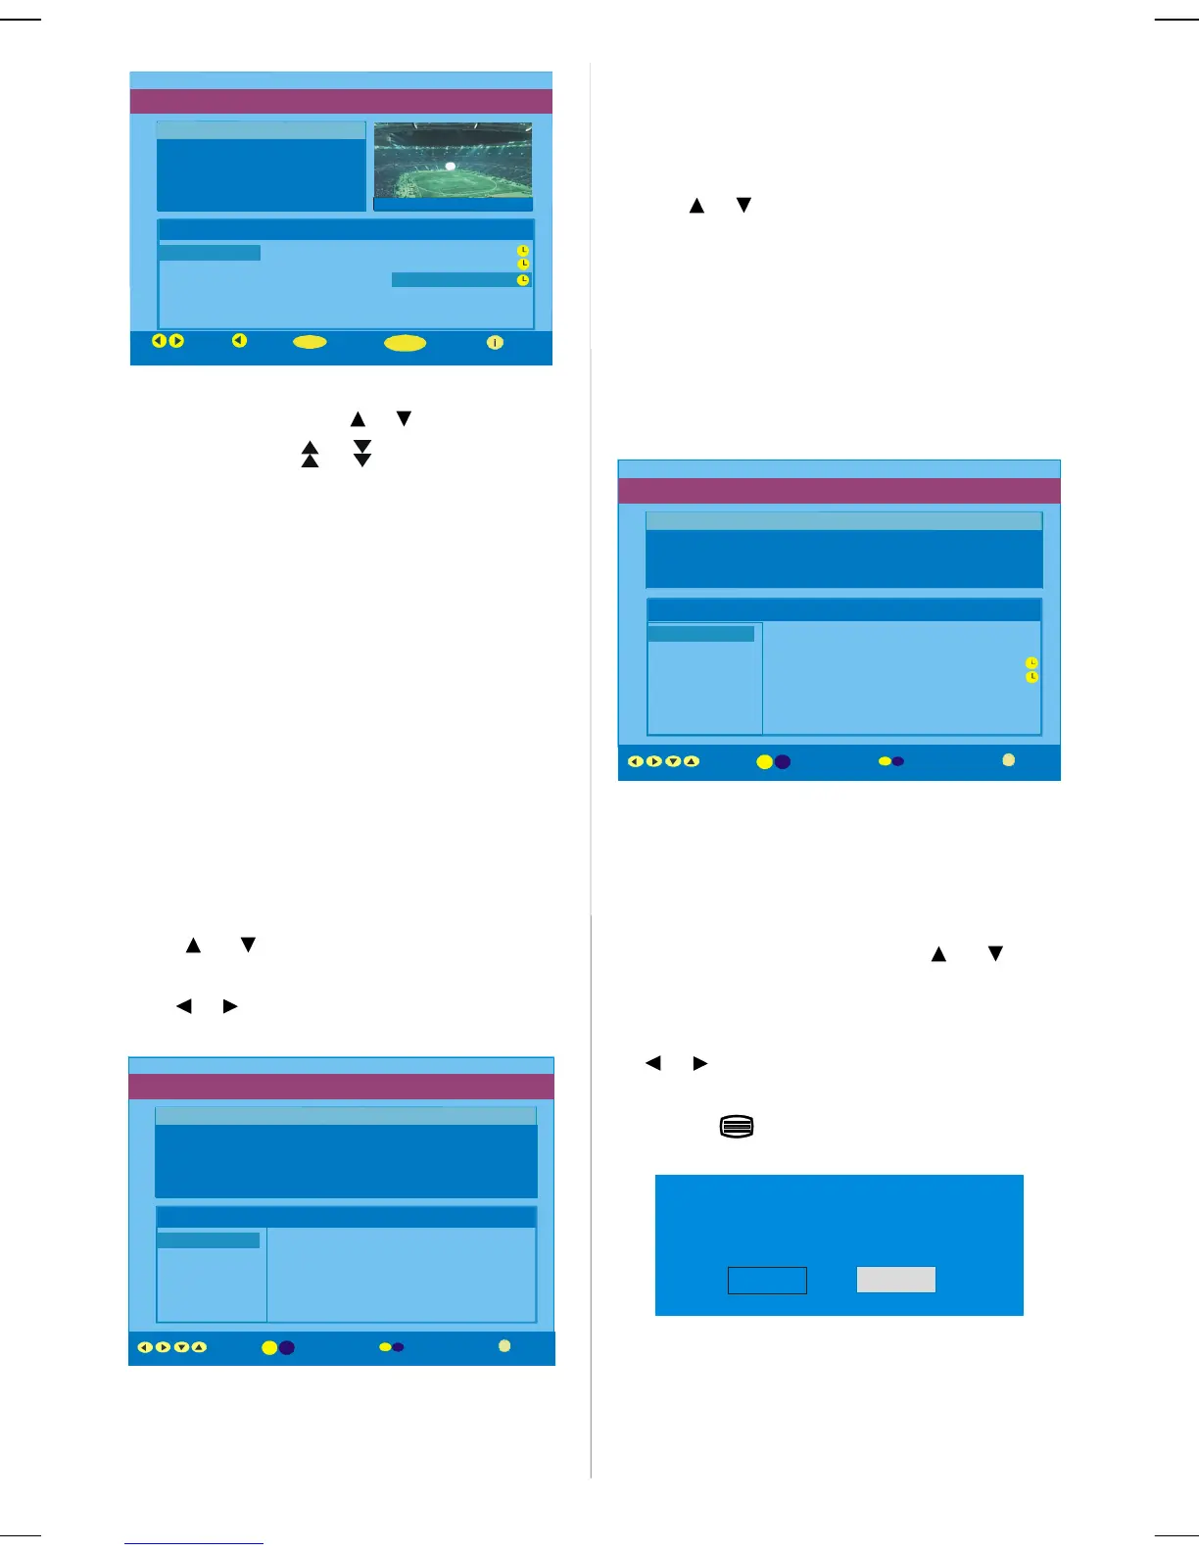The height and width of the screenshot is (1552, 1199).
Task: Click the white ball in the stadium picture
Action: pos(451,167)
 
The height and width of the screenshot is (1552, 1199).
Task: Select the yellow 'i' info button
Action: pos(495,342)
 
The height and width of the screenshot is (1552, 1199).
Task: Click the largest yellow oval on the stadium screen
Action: pos(405,343)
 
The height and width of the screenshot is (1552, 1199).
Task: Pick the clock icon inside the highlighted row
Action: pos(523,280)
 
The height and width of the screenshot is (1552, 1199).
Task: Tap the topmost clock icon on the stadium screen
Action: pos(523,251)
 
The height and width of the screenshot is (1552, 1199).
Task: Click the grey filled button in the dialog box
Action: pos(895,1280)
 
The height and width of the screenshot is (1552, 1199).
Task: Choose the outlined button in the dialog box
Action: pos(767,1280)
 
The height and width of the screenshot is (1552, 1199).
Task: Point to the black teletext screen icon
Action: pos(737,1127)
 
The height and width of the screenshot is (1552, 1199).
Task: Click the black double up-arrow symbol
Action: pos(310,454)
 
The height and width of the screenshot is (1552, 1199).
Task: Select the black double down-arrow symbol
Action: pos(362,454)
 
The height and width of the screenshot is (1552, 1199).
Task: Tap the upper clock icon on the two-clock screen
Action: pos(1031,663)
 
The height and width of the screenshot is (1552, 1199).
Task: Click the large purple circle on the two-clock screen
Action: pos(782,761)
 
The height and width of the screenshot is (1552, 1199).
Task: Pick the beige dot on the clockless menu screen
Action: pos(504,1345)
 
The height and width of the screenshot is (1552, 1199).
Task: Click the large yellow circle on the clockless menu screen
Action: pos(269,1347)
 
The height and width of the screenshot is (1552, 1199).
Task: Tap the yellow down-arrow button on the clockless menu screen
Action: pos(181,1347)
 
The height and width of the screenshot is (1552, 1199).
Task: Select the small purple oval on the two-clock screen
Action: pos(897,761)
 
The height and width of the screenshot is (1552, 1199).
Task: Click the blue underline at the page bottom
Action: pos(194,1544)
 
